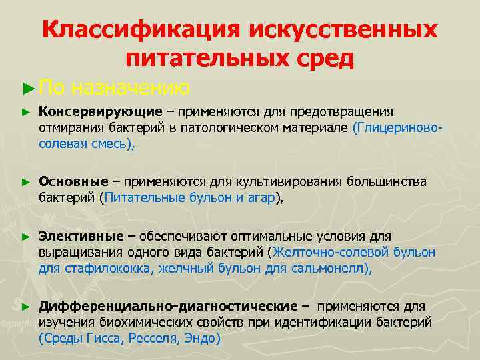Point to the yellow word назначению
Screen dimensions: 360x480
[131, 87]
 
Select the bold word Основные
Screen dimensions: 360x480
[73, 181]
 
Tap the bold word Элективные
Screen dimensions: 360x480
[81, 237]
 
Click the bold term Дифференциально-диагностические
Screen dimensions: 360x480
[168, 306]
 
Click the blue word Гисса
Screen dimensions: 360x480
[106, 338]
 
